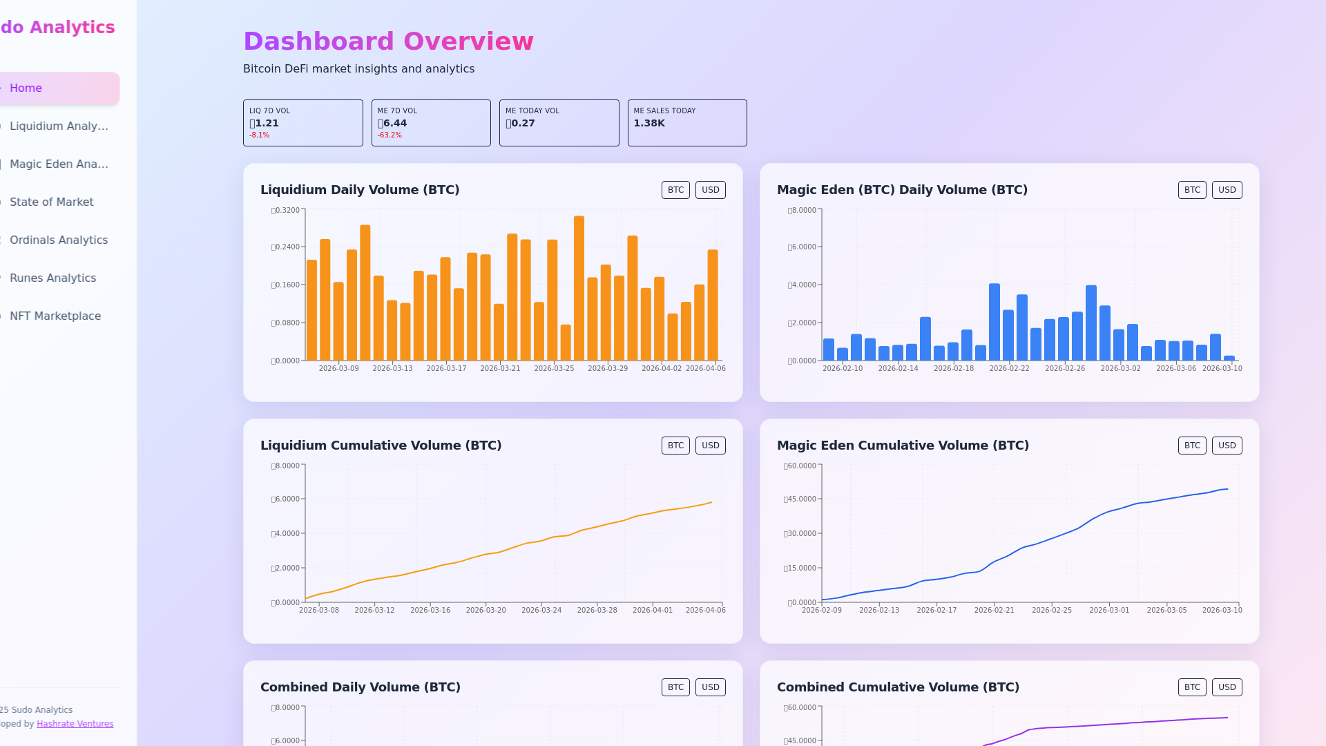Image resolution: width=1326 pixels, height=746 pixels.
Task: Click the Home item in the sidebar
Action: [26, 88]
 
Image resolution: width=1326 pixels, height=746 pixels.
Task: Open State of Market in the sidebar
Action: [52, 202]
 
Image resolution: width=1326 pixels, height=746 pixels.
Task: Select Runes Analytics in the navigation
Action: [53, 278]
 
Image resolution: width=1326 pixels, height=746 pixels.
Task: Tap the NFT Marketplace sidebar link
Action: [55, 316]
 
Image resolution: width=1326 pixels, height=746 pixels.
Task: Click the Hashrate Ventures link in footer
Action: [75, 724]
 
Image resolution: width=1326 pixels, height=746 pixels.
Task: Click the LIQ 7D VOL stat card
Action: [302, 123]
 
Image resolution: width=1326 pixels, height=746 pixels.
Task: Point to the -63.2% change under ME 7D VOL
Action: [390, 135]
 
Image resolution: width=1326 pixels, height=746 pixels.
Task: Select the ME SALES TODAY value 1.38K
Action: [649, 124]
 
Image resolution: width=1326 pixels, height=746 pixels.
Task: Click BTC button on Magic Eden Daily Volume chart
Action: [1192, 190]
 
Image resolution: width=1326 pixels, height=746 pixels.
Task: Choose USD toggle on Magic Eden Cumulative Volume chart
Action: [1227, 446]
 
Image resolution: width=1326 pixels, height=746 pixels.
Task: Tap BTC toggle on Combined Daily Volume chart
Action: [675, 687]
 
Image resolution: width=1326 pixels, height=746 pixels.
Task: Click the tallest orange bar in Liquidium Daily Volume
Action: [579, 288]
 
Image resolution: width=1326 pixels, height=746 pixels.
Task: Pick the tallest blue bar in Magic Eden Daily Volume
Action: [995, 322]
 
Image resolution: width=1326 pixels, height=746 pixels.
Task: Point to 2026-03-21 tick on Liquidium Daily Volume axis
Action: [500, 369]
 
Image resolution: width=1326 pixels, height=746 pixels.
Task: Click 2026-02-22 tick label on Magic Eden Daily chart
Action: [1009, 369]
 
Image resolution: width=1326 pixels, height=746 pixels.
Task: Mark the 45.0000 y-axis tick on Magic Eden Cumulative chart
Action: [802, 499]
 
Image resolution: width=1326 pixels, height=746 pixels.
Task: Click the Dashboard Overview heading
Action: [388, 41]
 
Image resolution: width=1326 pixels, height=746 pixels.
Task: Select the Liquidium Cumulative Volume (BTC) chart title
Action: [381, 446]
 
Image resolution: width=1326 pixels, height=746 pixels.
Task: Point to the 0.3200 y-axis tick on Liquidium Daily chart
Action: [287, 211]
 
